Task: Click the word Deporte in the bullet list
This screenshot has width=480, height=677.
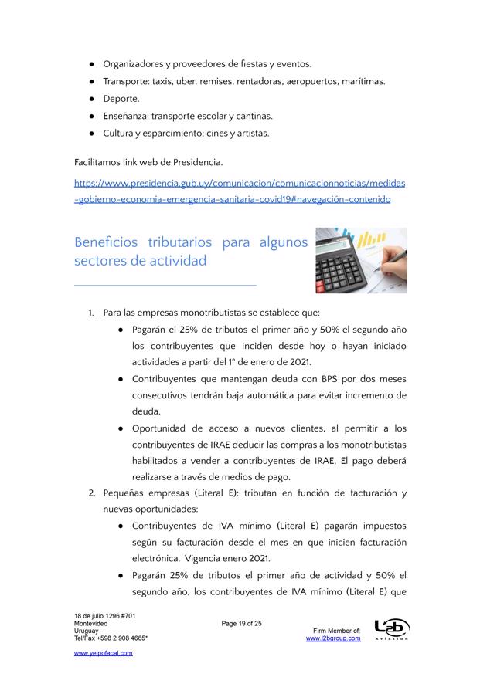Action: coord(121,99)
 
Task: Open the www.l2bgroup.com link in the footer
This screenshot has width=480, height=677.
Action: coord(333,638)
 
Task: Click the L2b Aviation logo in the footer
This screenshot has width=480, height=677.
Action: coord(392,629)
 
